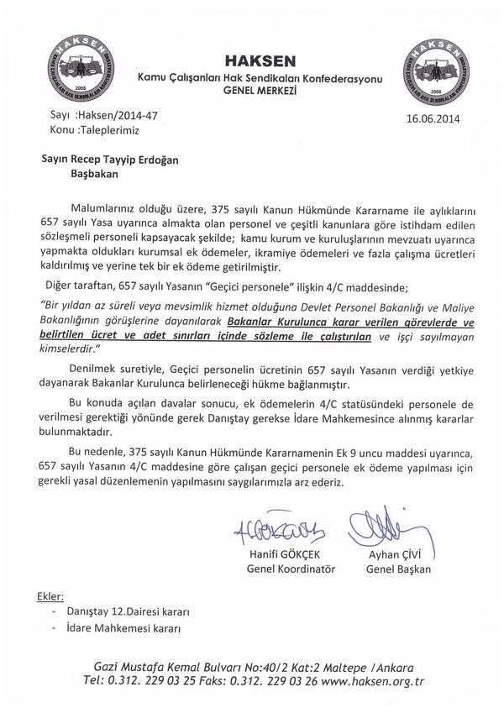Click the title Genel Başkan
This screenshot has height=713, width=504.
pyautogui.click(x=398, y=569)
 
